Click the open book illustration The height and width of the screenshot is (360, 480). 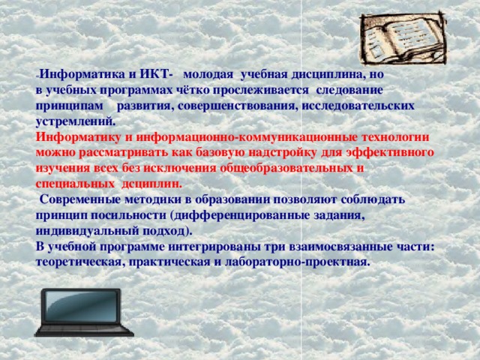(x=403, y=38)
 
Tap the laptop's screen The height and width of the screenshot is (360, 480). (x=82, y=306)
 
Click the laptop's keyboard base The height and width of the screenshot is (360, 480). (x=84, y=331)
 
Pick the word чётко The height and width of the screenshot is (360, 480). (x=193, y=90)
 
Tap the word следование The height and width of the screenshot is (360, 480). (x=349, y=91)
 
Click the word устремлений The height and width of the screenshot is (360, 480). (x=76, y=121)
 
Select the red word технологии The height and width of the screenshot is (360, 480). (x=396, y=137)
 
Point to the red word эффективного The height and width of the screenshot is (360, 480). (x=390, y=153)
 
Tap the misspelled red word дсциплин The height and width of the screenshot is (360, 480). (x=151, y=184)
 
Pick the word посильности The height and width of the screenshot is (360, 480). (x=128, y=215)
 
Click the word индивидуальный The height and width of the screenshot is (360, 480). (x=88, y=231)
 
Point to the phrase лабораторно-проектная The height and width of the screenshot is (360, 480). (x=295, y=262)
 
